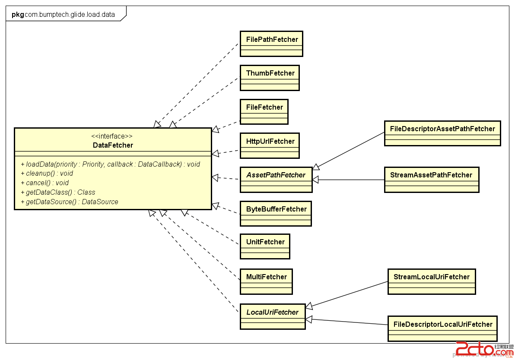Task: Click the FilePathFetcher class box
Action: pyautogui.click(x=271, y=44)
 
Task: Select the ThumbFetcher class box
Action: pyautogui.click(x=270, y=78)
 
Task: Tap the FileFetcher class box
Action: pyautogui.click(x=264, y=111)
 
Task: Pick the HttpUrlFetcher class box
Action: pyautogui.click(x=270, y=145)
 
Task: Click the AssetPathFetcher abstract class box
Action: pyautogui.click(x=276, y=180)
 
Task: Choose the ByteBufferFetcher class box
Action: pyautogui.click(x=276, y=213)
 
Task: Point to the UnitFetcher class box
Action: pyautogui.click(x=265, y=246)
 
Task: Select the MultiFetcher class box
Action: pyautogui.click(x=266, y=281)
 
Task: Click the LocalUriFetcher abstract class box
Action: pyautogui.click(x=273, y=316)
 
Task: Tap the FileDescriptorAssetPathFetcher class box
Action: pyautogui.click(x=442, y=133)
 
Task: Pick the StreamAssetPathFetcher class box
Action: pyautogui.click(x=431, y=179)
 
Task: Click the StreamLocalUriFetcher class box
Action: pyautogui.click(x=431, y=281)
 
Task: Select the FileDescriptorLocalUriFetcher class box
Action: pyautogui.click(x=442, y=328)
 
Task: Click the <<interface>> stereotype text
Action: pyautogui.click(x=112, y=136)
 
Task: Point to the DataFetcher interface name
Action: pyautogui.click(x=113, y=145)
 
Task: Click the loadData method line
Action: pyautogui.click(x=110, y=164)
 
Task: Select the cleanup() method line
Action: pyautogui.click(x=47, y=174)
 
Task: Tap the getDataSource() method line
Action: pyautogui.click(x=69, y=202)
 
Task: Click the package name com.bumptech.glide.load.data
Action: pyautogui.click(x=70, y=14)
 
